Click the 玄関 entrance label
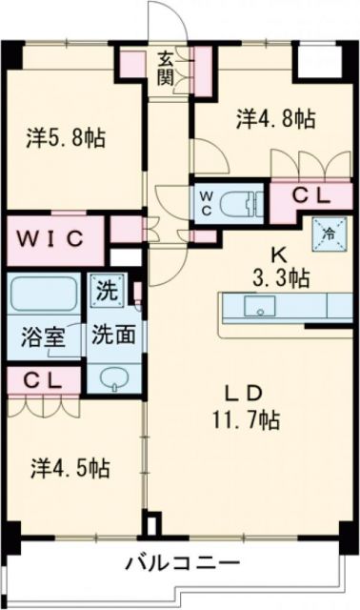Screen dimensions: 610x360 pyautogui.click(x=166, y=68)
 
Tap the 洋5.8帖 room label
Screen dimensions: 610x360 pyautogui.click(x=66, y=137)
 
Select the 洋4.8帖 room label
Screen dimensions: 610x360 pyautogui.click(x=275, y=119)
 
